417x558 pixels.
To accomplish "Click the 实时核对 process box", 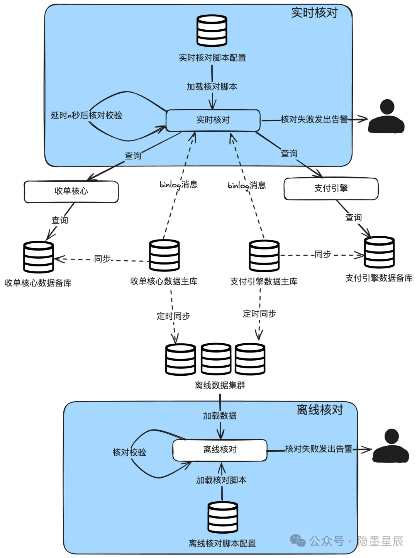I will pyautogui.click(x=213, y=120).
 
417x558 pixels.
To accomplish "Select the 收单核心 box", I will pyautogui.click(x=71, y=192).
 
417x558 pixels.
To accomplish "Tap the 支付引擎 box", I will pyautogui.click(x=331, y=188).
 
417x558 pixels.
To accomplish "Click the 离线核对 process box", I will pyautogui.click(x=220, y=450).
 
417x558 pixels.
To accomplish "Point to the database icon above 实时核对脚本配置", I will pyautogui.click(x=212, y=31).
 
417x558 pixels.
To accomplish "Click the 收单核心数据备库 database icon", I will pyautogui.click(x=38, y=257).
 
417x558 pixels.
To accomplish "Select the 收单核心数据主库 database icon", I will pyautogui.click(x=164, y=255).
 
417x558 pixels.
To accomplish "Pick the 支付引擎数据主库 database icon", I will pyautogui.click(x=264, y=256).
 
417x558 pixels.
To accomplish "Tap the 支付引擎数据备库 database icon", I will pyautogui.click(x=379, y=252).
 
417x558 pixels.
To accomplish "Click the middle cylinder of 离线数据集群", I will pyautogui.click(x=216, y=359).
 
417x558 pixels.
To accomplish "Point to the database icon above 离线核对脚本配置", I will pyautogui.click(x=222, y=517).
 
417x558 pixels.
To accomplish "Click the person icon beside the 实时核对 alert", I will pyautogui.click(x=386, y=117).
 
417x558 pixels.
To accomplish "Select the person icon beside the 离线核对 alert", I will pyautogui.click(x=391, y=446).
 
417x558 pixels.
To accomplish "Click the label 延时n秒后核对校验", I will pyautogui.click(x=86, y=115).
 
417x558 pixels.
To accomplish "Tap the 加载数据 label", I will pyautogui.click(x=220, y=416).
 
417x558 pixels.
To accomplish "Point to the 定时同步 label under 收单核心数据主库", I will pyautogui.click(x=173, y=316).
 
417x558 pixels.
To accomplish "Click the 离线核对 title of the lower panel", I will pyautogui.click(x=320, y=410).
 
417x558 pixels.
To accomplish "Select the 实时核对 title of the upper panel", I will pyautogui.click(x=314, y=13).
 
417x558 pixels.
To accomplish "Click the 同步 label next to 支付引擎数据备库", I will pyautogui.click(x=323, y=254).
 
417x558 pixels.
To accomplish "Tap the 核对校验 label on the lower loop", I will pyautogui.click(x=129, y=452).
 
